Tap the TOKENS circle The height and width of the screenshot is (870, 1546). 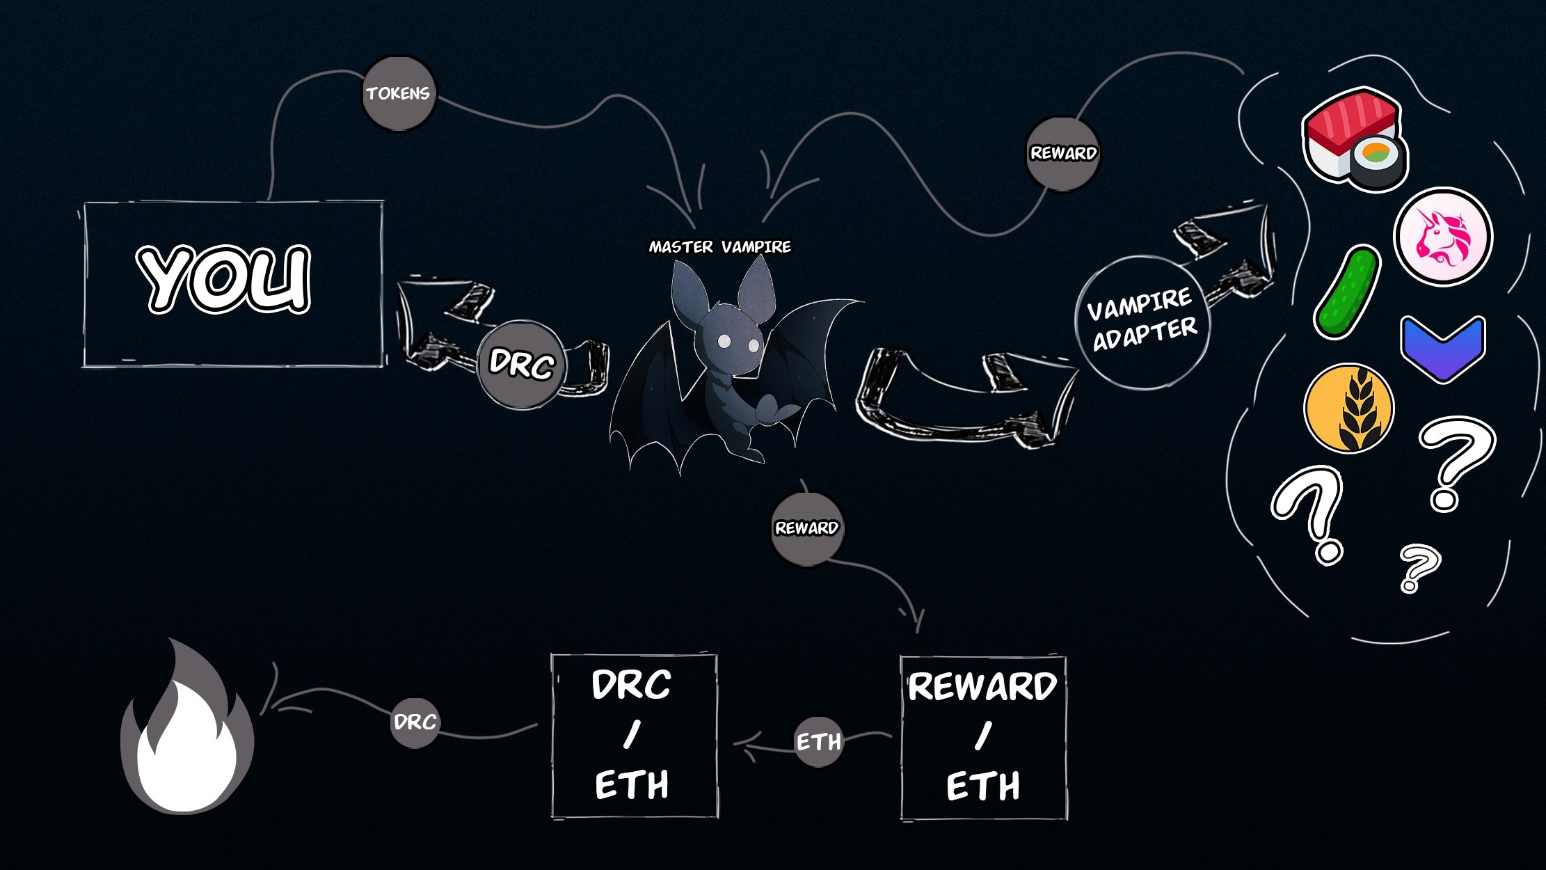click(399, 94)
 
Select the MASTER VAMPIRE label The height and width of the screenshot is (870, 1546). click(719, 246)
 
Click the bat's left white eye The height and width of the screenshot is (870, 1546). click(724, 341)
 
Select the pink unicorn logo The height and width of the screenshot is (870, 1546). click(1442, 236)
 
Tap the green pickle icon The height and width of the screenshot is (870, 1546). click(1347, 292)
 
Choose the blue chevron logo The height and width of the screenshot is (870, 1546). click(1442, 348)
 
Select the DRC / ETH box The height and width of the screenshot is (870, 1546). click(634, 736)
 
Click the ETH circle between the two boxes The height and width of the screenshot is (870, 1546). click(818, 742)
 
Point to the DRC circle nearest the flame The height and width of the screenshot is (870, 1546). click(415, 722)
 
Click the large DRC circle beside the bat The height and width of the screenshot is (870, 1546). click(521, 364)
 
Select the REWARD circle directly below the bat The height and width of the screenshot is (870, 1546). click(807, 528)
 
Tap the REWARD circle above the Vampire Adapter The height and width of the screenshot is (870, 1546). click(1063, 153)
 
